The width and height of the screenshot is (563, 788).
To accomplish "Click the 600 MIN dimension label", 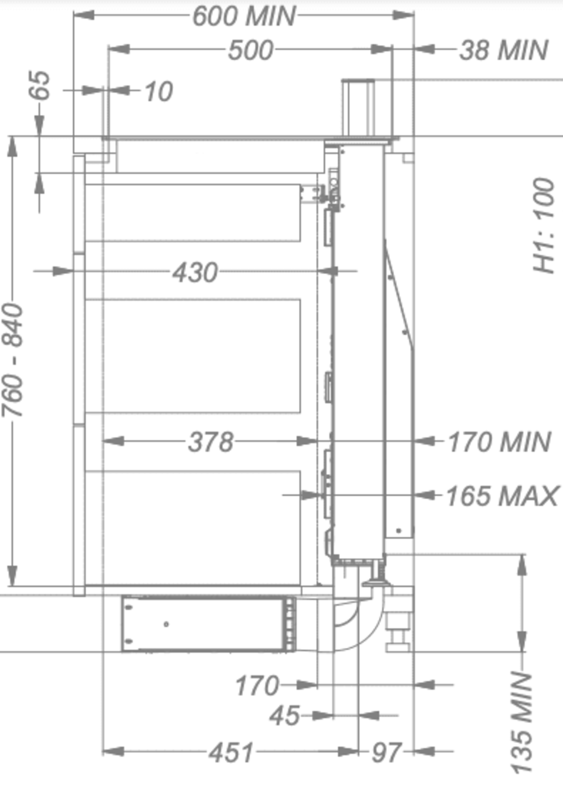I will pos(244,16).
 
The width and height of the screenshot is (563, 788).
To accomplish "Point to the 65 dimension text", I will pos(39,85).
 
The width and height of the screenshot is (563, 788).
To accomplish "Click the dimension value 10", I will pos(158,92).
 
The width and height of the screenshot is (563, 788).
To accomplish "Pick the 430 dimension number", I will pos(195,272).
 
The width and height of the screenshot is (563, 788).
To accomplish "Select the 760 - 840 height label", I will pos(13,360).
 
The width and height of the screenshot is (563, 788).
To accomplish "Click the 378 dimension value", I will pos(211,442).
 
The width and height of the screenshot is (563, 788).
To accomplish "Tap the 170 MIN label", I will pos(499,442).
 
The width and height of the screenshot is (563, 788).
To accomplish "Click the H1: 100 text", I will pos(544,225).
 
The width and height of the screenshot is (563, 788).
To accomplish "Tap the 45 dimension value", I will pos(284,715).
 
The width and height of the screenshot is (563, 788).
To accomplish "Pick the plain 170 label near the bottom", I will pos(257,685).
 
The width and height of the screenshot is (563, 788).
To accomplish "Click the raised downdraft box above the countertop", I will pos(359,107).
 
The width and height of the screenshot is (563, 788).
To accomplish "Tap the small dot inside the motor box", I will pos(166,624).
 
